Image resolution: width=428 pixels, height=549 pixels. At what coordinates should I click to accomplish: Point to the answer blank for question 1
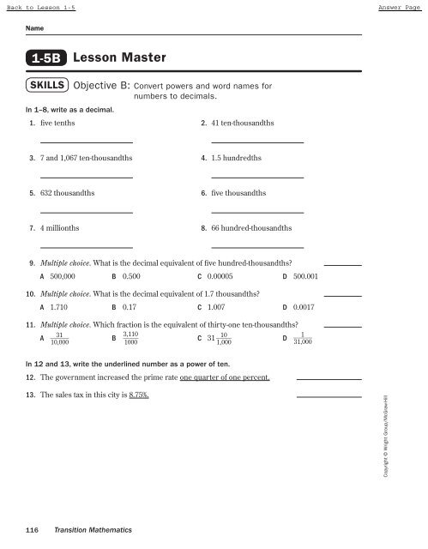[86, 142]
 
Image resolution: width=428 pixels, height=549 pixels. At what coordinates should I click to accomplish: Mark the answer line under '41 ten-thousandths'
[257, 142]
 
